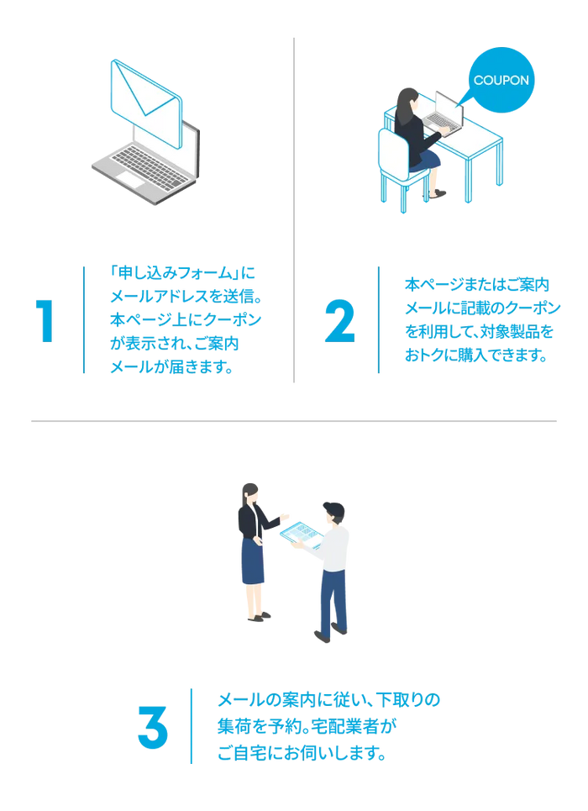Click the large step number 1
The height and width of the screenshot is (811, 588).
pos(45,321)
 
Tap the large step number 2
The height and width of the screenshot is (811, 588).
pos(339,321)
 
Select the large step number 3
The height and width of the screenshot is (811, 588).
pos(153,727)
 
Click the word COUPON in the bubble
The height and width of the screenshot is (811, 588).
pos(501,80)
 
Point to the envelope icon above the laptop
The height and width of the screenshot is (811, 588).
pos(146,103)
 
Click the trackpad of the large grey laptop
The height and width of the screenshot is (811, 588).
pos(129,179)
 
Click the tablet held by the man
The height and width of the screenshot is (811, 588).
pos(302,535)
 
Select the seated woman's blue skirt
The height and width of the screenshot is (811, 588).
pos(425,160)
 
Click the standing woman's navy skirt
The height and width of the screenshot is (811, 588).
pos(253,561)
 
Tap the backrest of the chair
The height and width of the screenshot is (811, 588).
pos(394,154)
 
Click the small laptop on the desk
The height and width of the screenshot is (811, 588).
pos(444,113)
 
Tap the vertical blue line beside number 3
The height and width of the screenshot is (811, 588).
pos(192,725)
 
